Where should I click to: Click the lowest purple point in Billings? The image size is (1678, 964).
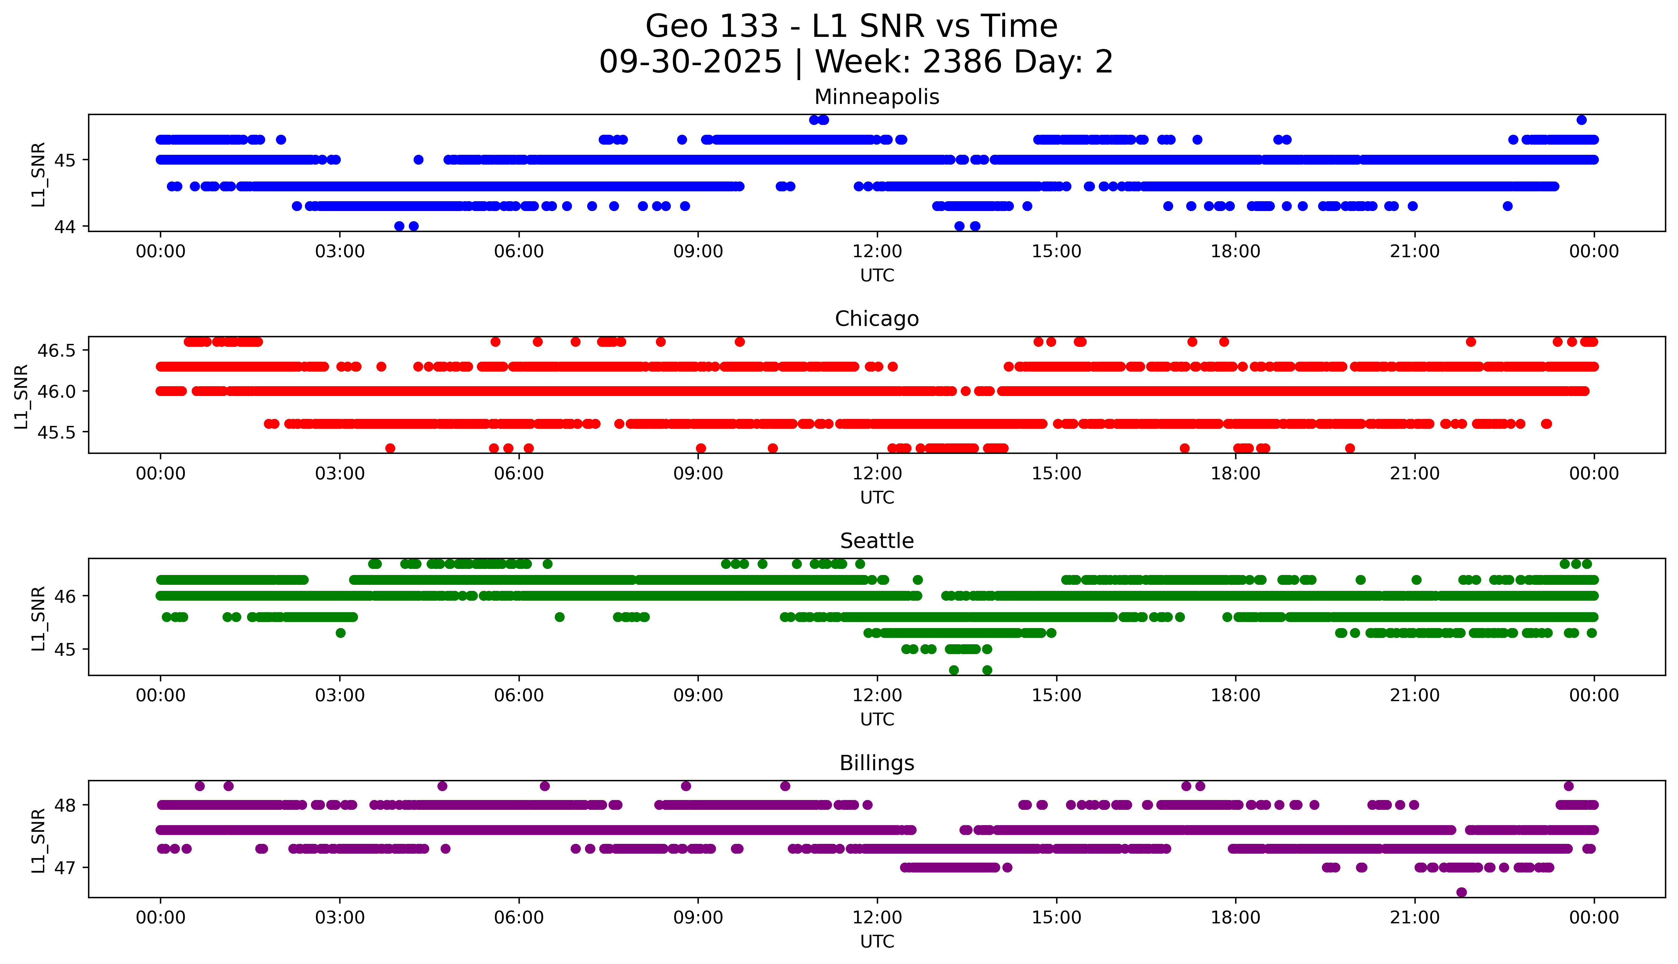1461,892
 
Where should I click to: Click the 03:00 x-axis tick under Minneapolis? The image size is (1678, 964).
340,252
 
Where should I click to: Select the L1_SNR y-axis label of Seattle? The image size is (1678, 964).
38,618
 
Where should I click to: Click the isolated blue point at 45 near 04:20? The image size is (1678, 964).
418,160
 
